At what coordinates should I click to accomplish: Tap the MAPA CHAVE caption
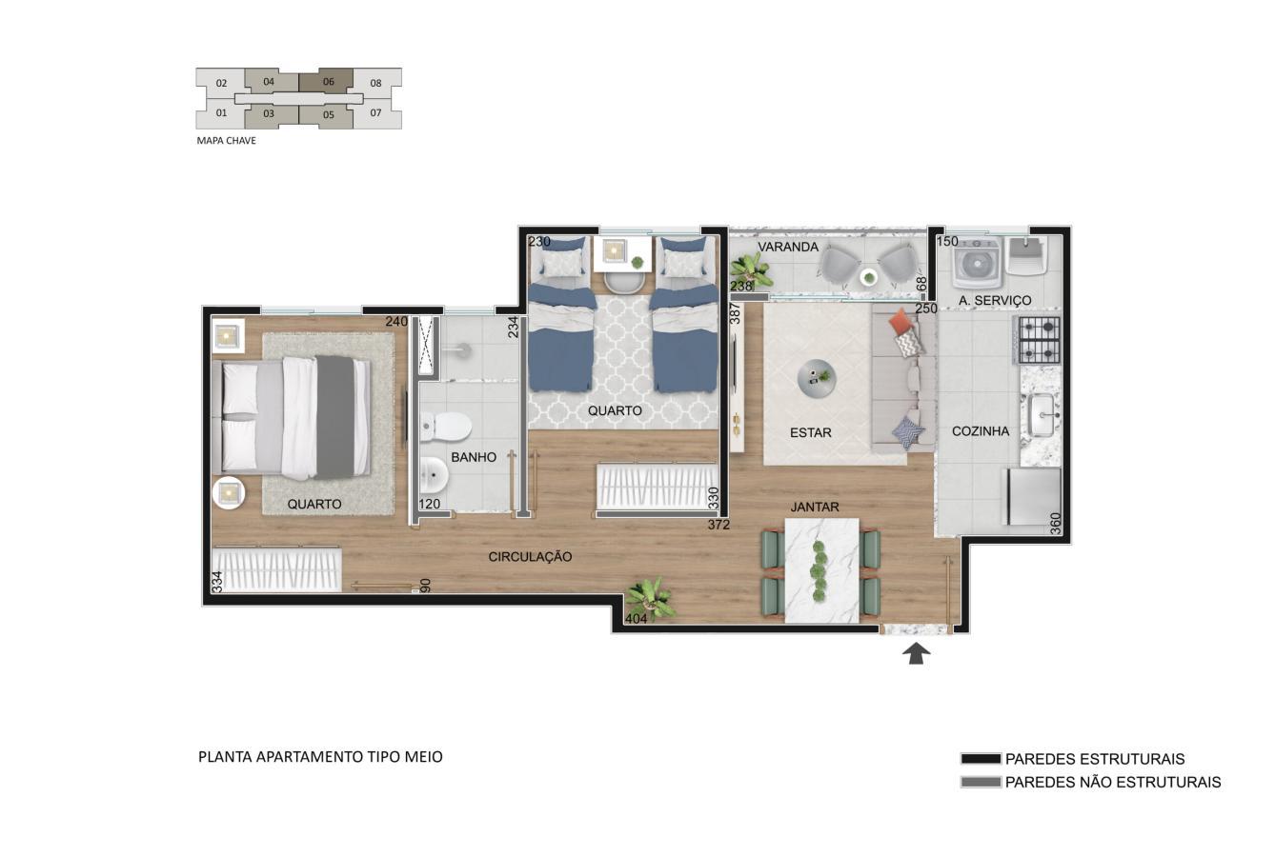226,141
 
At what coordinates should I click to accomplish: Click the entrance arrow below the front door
916,653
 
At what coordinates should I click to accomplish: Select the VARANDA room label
788,247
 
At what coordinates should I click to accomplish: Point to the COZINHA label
981,431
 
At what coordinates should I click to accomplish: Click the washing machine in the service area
977,264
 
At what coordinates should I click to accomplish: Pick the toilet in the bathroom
446,427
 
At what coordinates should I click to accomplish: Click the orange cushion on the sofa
901,321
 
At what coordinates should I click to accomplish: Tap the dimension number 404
636,619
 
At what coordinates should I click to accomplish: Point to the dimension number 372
718,525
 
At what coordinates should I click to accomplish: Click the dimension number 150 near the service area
947,241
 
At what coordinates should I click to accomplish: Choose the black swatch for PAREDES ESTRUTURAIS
981,759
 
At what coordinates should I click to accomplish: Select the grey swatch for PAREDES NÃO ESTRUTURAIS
981,782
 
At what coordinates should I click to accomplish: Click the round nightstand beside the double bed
229,493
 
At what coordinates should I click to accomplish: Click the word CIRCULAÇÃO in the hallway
530,557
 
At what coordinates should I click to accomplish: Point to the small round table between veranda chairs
869,277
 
